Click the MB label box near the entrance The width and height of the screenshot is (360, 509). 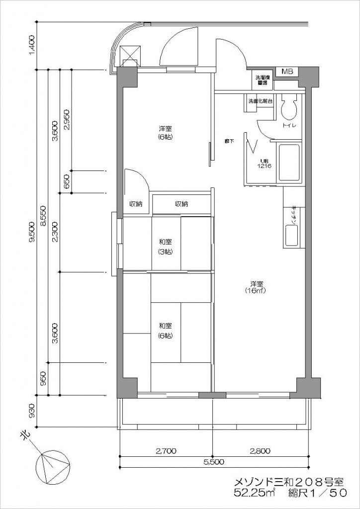click(x=287, y=72)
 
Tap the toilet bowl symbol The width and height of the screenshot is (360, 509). click(x=288, y=107)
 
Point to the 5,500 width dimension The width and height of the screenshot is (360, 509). click(x=213, y=462)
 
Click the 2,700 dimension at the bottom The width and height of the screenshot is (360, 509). click(x=166, y=451)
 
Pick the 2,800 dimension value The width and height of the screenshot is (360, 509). click(x=260, y=451)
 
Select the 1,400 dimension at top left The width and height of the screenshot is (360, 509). click(x=32, y=45)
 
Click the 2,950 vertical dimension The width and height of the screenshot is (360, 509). click(x=67, y=119)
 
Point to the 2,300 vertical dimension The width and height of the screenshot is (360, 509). click(x=55, y=232)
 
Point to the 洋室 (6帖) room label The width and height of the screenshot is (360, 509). click(x=166, y=133)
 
